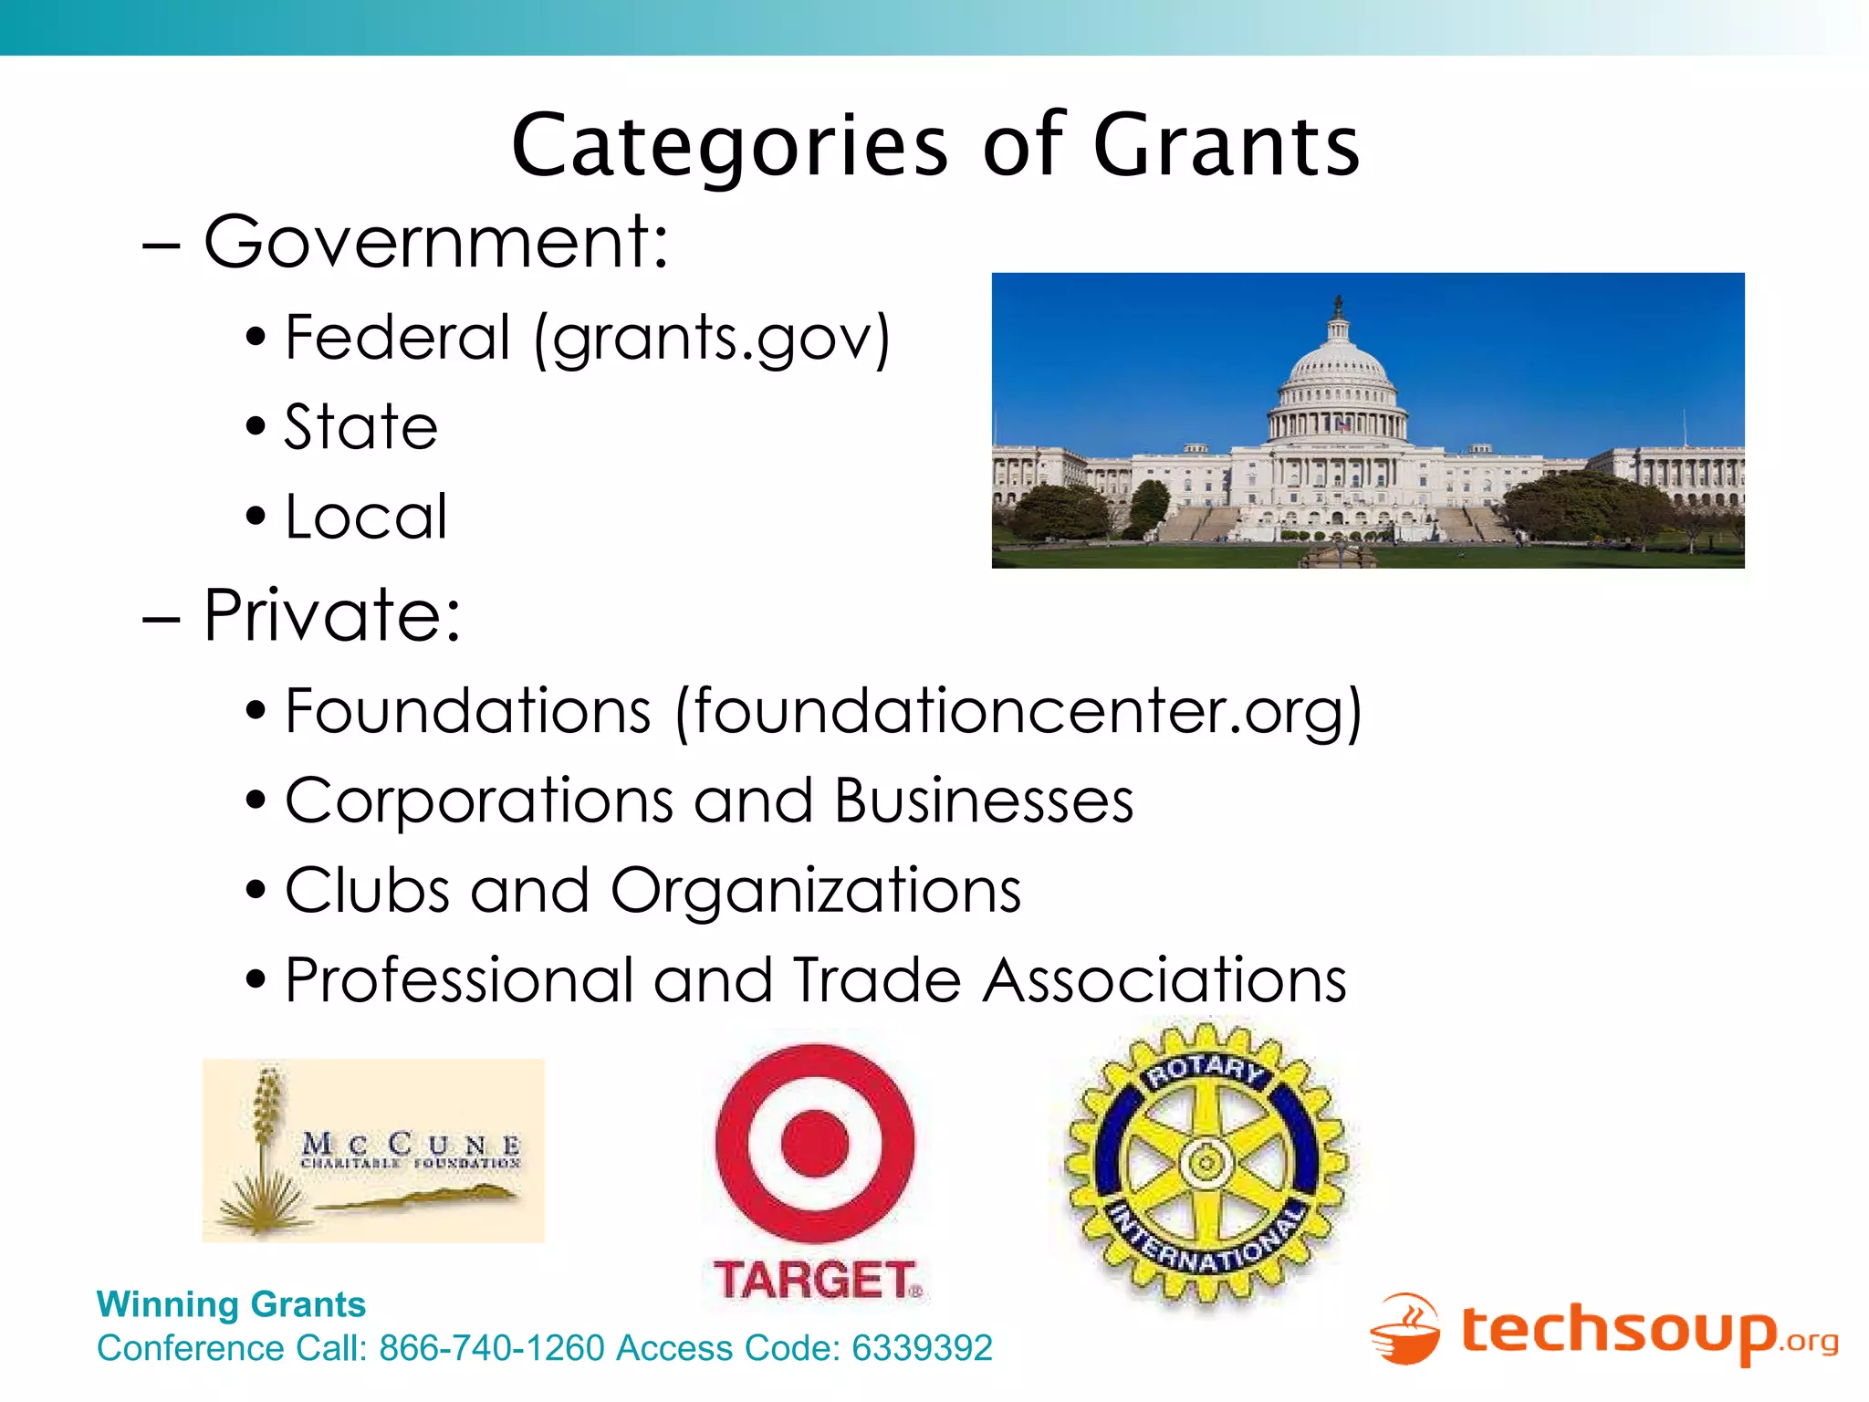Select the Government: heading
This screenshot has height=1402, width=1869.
(436, 242)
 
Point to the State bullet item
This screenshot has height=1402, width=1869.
(361, 427)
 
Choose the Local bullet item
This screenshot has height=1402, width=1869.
(366, 517)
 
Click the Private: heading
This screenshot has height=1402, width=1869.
(332, 615)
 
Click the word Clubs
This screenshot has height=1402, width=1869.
(367, 890)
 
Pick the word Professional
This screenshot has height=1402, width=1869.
(459, 980)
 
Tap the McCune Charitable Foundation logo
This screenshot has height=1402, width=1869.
(373, 1150)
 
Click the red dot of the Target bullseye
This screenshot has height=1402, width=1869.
(815, 1143)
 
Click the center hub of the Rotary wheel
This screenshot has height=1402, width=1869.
(1206, 1163)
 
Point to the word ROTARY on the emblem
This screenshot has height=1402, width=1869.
(1205, 1070)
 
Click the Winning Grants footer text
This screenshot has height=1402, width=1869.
(231, 1304)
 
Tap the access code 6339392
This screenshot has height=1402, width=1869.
(922, 1348)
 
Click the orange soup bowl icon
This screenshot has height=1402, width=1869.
(1405, 1331)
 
